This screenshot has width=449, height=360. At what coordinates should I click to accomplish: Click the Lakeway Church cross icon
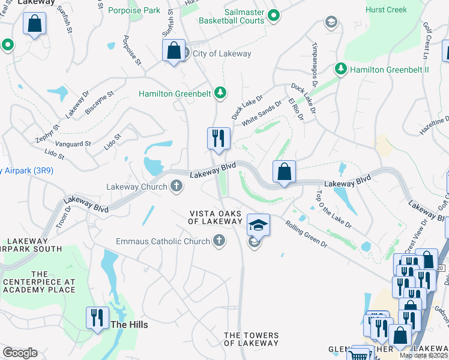[177, 187]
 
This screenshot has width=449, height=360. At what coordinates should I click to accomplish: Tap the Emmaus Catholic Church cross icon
[219, 241]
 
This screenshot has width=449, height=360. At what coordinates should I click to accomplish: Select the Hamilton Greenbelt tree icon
[221, 93]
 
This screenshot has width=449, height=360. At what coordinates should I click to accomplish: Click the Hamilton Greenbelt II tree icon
[341, 70]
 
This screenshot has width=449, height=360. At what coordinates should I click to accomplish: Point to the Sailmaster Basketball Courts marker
[274, 16]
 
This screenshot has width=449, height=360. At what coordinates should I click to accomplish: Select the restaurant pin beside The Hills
[97, 318]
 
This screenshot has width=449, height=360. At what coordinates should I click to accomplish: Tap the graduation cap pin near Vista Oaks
[259, 225]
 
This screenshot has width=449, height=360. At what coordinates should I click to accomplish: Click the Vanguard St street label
[73, 144]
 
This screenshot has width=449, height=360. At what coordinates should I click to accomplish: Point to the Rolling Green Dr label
[306, 235]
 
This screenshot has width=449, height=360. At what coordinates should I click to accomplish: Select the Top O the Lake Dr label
[333, 209]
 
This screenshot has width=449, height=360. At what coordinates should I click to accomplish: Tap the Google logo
[20, 353]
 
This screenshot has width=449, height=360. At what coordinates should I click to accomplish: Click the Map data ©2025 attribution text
[424, 355]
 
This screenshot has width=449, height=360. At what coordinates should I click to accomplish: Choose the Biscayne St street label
[99, 103]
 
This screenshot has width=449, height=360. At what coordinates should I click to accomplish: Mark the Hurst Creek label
[386, 10]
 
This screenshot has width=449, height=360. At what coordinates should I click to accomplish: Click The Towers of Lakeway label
[251, 339]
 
